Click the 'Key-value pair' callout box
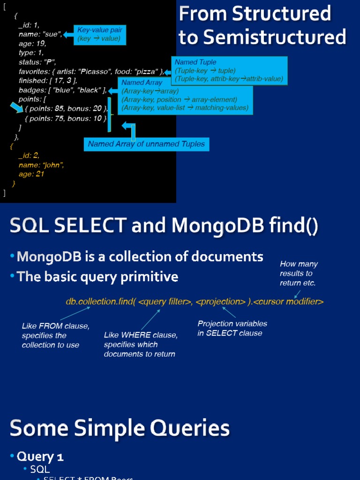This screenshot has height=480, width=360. click(100, 35)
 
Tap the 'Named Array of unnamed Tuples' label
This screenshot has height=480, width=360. click(146, 144)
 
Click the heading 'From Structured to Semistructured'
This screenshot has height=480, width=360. click(262, 25)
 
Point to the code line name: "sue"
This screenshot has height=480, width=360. click(40, 34)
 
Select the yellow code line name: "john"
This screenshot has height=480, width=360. click(41, 165)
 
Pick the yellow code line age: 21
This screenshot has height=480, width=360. click(31, 174)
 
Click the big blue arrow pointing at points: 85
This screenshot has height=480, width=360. click(17, 108)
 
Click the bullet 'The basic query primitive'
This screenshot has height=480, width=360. click(97, 277)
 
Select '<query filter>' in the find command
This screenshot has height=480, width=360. click(164, 302)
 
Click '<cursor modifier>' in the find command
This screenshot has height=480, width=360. click(288, 302)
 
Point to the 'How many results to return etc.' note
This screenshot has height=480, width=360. click(299, 273)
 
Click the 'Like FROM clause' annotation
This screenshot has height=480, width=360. click(55, 335)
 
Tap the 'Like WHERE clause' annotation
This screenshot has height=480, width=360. click(141, 345)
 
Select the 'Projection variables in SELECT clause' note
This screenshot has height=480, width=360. click(232, 328)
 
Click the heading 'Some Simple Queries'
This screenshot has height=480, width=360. click(120, 428)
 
